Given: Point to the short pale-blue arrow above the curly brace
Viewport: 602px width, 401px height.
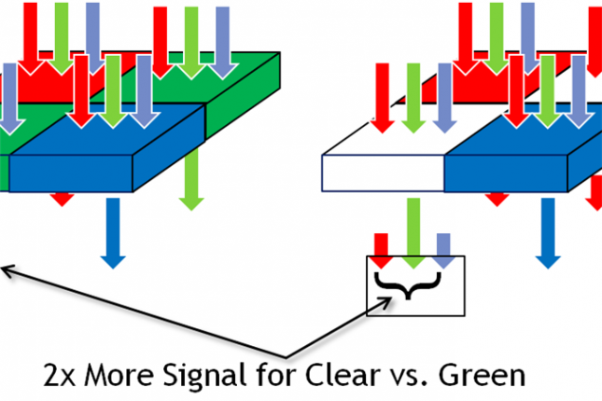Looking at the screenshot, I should [x=444, y=245].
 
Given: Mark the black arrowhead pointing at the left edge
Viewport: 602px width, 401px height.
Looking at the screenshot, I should [x=7, y=270].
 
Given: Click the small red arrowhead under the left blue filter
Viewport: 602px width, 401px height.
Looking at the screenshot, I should [x=63, y=198].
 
